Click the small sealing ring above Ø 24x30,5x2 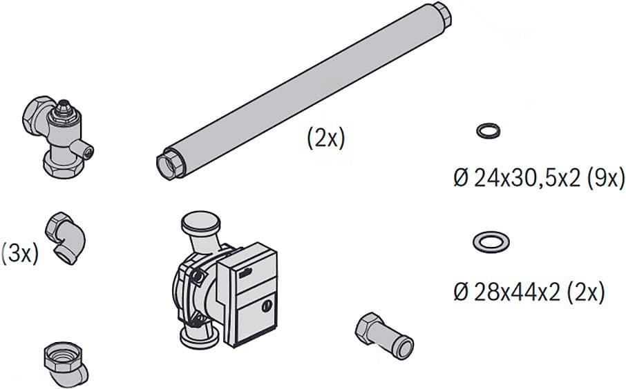coord(489,127)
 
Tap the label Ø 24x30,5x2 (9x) coord(539,179)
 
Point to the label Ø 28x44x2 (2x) coord(529,292)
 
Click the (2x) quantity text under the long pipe coord(325,139)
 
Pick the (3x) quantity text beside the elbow coord(19,254)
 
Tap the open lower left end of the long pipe coord(169,164)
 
